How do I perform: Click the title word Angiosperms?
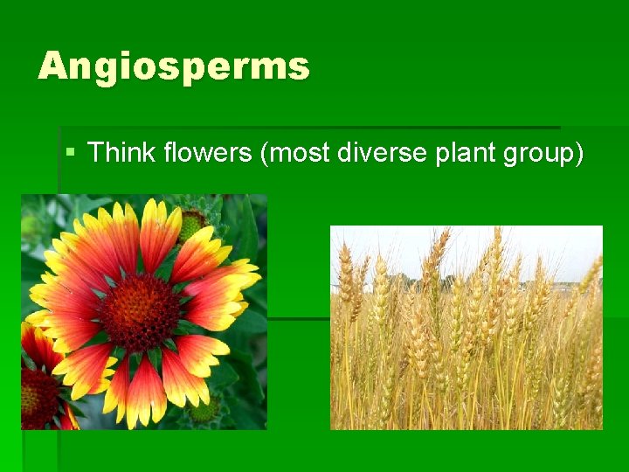[x=173, y=66]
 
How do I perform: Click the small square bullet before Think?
[x=71, y=153]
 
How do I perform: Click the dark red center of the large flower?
[x=140, y=311]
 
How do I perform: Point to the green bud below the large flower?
[x=205, y=409]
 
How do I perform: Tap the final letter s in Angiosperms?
[x=299, y=66]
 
